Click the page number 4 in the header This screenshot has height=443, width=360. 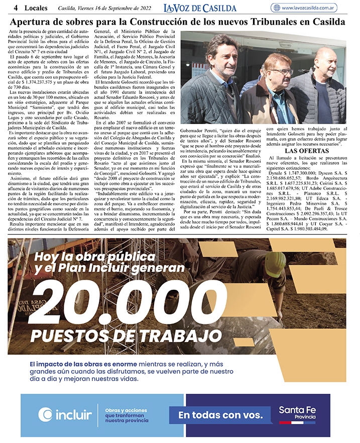tap(16, 8)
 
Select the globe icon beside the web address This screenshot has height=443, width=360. tap(276, 8)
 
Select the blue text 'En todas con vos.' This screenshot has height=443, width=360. tap(220, 415)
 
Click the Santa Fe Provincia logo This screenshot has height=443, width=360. tap(297, 415)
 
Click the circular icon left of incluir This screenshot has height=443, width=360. tap(46, 415)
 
